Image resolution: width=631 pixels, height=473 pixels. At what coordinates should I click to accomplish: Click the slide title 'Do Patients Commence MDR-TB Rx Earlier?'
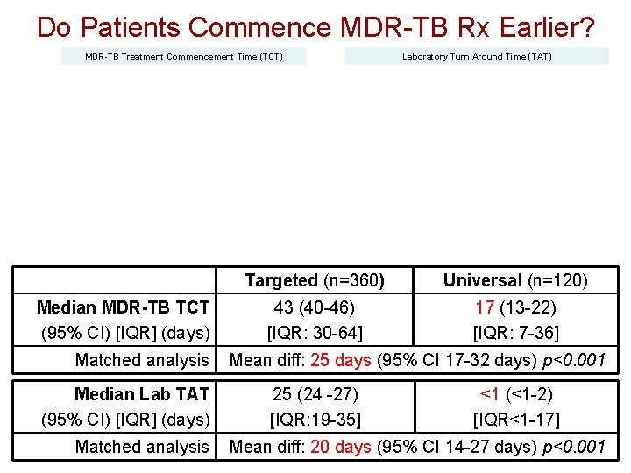pos(315,27)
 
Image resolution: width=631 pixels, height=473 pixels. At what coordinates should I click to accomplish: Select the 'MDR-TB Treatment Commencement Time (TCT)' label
pos(184,57)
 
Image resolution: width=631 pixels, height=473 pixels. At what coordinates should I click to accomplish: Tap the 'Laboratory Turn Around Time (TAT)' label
pos(477,57)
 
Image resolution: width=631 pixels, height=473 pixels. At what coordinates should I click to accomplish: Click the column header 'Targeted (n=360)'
pos(315,280)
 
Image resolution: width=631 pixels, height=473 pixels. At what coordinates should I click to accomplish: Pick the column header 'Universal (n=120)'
pos(515,280)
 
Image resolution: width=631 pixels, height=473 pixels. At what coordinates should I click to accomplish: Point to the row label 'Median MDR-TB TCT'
pos(124,307)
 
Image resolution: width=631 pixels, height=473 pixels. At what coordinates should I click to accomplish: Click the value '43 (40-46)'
pos(315,307)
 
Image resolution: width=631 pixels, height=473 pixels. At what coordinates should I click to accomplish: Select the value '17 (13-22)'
pos(515,307)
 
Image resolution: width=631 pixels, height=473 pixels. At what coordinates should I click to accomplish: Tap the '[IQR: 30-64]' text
pos(315,333)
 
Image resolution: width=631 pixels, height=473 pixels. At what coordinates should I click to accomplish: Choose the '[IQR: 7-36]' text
pos(515,333)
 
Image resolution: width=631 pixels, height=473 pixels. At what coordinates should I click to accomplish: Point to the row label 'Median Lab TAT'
pos(142,394)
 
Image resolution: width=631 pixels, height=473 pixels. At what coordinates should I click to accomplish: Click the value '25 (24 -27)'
pos(315,394)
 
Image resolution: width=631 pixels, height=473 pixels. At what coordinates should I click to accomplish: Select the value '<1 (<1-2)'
pos(515,394)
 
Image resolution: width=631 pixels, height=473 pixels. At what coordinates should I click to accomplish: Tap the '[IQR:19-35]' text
pos(315,420)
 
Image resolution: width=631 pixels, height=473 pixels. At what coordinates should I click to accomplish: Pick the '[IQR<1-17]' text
pos(515,420)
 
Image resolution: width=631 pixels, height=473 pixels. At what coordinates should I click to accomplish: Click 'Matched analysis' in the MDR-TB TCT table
pos(142,360)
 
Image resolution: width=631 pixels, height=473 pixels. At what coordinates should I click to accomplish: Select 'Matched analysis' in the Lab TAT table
pos(142,447)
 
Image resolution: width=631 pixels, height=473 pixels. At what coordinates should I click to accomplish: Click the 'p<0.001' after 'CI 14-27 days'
pos(574,447)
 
